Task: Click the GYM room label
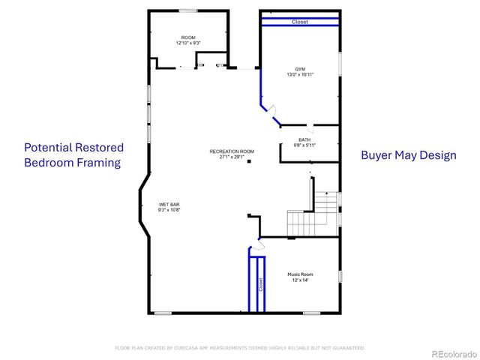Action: [x=299, y=69]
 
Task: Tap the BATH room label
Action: [x=304, y=139]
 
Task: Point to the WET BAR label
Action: [x=169, y=204]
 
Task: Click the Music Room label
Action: [x=300, y=274]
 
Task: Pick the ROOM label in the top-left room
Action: [x=188, y=37]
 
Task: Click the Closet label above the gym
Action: [x=299, y=22]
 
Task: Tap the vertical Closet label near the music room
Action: [x=261, y=285]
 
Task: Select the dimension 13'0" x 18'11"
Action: [x=299, y=75]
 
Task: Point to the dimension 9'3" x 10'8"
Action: [x=169, y=210]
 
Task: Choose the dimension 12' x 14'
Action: [x=300, y=280]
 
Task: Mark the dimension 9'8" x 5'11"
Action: [x=304, y=145]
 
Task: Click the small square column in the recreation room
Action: [x=253, y=160]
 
